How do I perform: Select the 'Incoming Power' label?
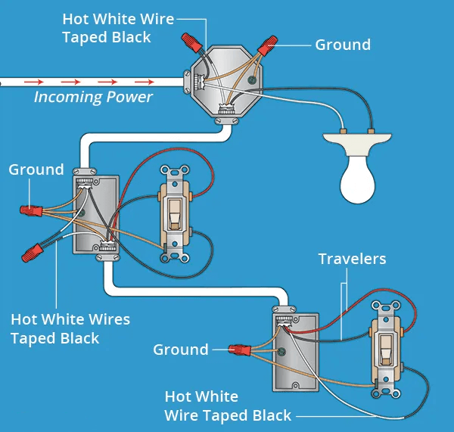click(93, 97)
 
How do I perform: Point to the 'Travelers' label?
click(352, 260)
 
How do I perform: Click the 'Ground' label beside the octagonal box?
click(343, 45)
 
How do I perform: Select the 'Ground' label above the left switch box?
click(36, 169)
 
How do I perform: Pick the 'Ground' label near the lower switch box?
click(181, 350)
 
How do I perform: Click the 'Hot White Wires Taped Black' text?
click(70, 328)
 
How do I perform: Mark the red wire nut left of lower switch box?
click(241, 350)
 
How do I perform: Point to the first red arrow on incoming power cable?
click(33, 80)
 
